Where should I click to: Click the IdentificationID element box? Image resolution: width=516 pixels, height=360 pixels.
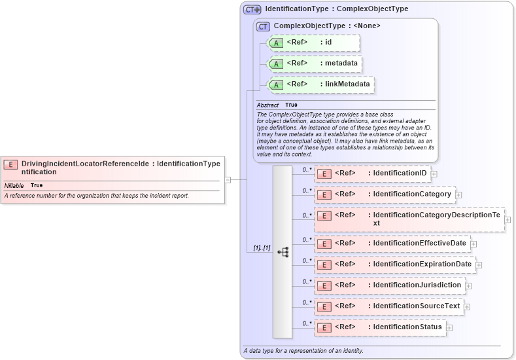pyautogui.click(x=373, y=173)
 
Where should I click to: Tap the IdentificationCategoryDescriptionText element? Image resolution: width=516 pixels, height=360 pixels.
pyautogui.click(x=409, y=219)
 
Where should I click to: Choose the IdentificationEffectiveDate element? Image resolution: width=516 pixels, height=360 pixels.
pyautogui.click(x=392, y=243)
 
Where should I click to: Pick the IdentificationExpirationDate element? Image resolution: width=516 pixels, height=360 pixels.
pyautogui.click(x=395, y=264)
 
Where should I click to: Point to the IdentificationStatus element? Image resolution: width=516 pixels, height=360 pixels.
pyautogui.click(x=380, y=327)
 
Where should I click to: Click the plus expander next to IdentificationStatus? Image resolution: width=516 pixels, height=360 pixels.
pyautogui.click(x=449, y=327)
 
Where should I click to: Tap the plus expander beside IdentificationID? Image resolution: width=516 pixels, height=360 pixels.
pyautogui.click(x=434, y=174)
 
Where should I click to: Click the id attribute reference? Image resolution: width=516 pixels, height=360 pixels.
pyautogui.click(x=314, y=43)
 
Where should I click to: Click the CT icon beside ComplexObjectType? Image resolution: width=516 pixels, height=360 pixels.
pyautogui.click(x=264, y=26)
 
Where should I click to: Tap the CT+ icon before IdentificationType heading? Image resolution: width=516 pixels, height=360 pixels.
pyautogui.click(x=252, y=10)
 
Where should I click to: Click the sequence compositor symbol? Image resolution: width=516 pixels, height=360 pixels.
pyautogui.click(x=283, y=252)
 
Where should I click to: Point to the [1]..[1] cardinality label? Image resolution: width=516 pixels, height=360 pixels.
pyautogui.click(x=262, y=249)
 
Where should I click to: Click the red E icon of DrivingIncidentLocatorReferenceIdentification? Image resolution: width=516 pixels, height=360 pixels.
pyautogui.click(x=10, y=164)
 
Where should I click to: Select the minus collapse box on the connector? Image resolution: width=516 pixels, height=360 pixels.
pyautogui.click(x=227, y=179)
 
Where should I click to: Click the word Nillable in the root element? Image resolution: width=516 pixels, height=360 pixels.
pyautogui.click(x=14, y=186)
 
